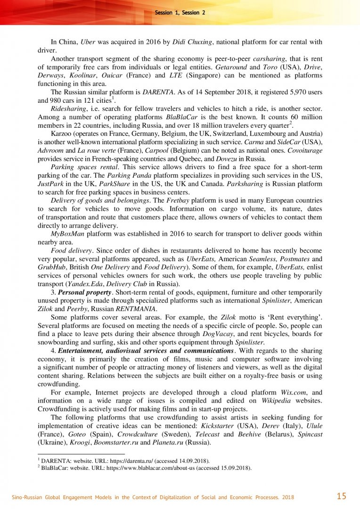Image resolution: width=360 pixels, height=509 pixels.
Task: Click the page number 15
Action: [342, 496]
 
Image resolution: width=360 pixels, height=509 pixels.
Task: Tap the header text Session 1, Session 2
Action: [180, 13]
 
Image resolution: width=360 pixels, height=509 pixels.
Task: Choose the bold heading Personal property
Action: [84, 292]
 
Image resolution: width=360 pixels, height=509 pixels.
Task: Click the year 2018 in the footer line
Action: [287, 497]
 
